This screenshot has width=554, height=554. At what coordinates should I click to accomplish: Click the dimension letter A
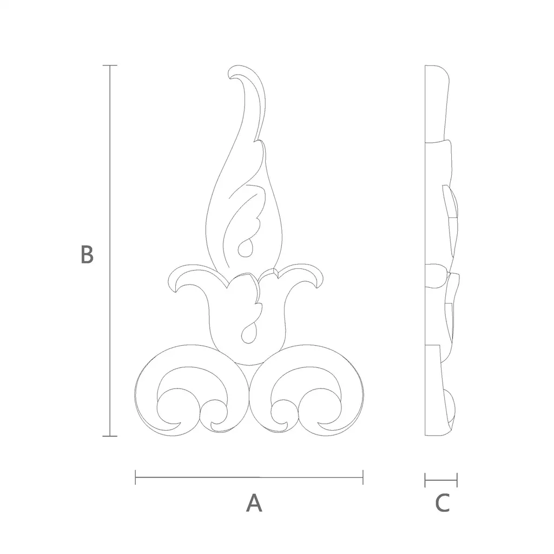click(x=254, y=503)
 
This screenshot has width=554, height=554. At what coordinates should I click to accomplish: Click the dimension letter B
click(x=87, y=254)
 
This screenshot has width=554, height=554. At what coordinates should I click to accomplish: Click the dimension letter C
click(x=443, y=503)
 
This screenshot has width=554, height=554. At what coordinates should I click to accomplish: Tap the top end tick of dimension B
click(x=110, y=65)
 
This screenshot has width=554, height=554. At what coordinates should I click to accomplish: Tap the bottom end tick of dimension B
click(x=110, y=436)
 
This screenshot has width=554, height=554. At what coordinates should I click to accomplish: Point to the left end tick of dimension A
click(x=135, y=477)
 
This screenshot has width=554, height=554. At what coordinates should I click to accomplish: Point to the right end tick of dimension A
click(x=363, y=477)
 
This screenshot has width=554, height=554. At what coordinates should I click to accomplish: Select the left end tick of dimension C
click(x=425, y=480)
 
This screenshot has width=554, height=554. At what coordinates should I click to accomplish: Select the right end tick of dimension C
click(x=457, y=480)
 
